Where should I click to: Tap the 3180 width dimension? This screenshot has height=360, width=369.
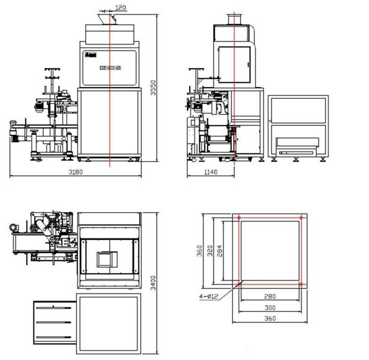(75, 172)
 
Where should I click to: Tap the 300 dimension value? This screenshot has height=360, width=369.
(270, 308)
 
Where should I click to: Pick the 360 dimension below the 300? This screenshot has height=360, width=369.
(270, 319)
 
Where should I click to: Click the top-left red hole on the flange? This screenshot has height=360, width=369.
(238, 218)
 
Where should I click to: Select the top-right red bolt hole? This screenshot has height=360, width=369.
(301, 218)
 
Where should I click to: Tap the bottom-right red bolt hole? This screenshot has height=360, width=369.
(301, 284)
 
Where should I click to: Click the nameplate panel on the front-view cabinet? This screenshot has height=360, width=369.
(110, 67)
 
